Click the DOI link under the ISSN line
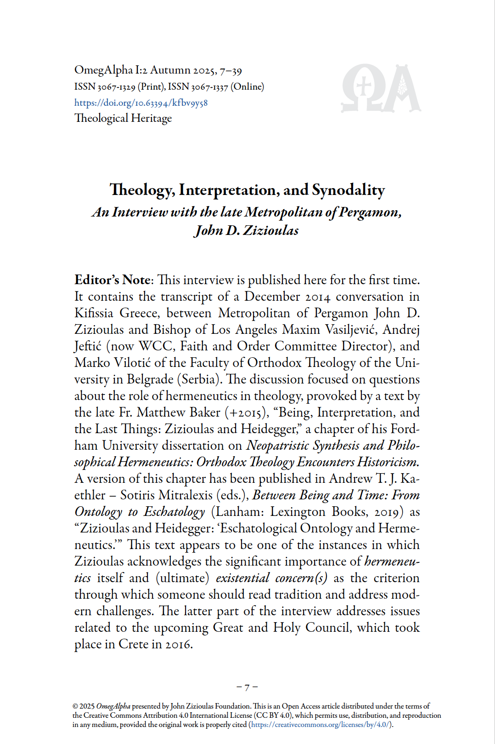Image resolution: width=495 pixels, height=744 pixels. click(x=141, y=103)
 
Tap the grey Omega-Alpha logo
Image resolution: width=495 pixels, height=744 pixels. click(x=381, y=89)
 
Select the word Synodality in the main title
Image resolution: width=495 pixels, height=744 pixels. click(x=348, y=190)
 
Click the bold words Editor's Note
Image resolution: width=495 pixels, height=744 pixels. click(x=112, y=280)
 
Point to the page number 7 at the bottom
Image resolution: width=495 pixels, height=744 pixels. click(x=247, y=687)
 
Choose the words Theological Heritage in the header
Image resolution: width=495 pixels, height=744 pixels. click(x=123, y=118)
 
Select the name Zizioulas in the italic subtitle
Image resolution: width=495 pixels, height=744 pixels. click(x=270, y=230)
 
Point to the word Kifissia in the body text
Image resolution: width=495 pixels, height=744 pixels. click(x=94, y=313)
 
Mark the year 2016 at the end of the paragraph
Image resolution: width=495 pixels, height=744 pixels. click(x=178, y=644)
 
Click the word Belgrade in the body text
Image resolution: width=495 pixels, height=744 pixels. click(x=150, y=379)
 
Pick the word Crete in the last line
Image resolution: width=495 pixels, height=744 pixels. click(x=133, y=644)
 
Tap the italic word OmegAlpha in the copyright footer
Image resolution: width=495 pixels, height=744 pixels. click(x=113, y=706)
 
